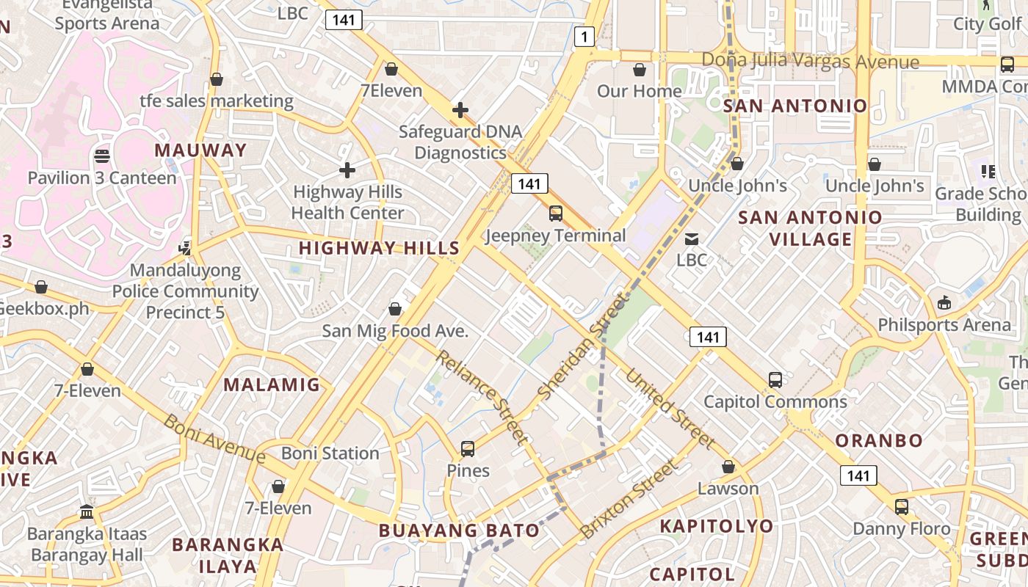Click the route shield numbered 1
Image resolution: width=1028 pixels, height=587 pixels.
[584, 37]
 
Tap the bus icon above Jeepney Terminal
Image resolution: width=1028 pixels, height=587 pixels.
[556, 214]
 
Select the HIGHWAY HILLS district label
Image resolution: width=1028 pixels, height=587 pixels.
[379, 248]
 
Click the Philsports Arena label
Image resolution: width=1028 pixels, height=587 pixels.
[944, 324]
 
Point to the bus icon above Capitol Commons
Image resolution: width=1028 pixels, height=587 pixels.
[775, 380]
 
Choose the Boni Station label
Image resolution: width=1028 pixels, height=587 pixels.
[330, 453]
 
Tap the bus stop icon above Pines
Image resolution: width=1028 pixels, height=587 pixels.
[468, 448]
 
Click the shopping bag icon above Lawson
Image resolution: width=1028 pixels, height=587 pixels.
[728, 467]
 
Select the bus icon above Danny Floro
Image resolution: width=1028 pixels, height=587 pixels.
[901, 507]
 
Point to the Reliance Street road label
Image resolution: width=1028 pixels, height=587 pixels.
[482, 397]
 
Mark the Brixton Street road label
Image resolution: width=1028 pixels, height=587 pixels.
[629, 499]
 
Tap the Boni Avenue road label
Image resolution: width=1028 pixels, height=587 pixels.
[214, 438]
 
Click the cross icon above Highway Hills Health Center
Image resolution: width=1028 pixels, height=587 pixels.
[347, 170]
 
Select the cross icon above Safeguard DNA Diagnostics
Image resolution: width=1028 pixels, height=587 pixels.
[460, 110]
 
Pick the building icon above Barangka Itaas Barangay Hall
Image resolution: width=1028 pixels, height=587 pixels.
[87, 511]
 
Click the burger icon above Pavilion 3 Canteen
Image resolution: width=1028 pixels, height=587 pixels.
[102, 156]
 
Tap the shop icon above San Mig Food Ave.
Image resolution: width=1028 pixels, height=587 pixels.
[395, 309]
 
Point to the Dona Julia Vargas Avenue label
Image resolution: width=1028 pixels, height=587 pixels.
[810, 61]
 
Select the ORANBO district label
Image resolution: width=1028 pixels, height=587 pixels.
[879, 440]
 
